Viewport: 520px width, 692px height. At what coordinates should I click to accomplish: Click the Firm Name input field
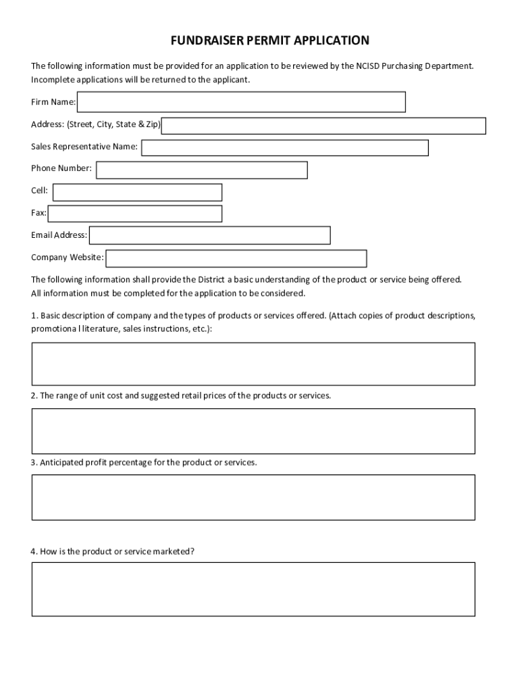click(241, 102)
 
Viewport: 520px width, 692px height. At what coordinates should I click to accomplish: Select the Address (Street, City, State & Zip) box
click(323, 126)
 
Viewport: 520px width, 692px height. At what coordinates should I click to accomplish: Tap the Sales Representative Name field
click(284, 147)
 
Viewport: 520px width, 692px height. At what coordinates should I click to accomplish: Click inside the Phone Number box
click(201, 170)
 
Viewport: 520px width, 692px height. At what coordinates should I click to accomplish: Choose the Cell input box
click(137, 192)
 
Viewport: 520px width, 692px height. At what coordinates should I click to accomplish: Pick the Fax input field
click(135, 214)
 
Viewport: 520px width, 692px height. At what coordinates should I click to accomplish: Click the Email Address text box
click(210, 235)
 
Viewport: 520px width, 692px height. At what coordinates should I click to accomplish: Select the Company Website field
click(236, 258)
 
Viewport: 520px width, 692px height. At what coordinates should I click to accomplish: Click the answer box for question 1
click(253, 364)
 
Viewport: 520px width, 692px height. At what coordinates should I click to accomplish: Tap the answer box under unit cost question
click(253, 430)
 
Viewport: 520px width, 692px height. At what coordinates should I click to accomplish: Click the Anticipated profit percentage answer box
click(253, 497)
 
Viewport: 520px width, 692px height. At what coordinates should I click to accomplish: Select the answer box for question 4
click(253, 589)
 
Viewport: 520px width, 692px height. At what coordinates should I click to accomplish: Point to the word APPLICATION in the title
click(332, 41)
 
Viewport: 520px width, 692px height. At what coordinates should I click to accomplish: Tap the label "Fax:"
click(38, 213)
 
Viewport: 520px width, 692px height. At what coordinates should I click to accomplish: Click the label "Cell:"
click(39, 191)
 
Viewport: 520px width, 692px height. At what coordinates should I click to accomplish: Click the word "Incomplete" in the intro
click(52, 80)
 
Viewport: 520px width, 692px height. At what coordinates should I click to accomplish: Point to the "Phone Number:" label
click(61, 168)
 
